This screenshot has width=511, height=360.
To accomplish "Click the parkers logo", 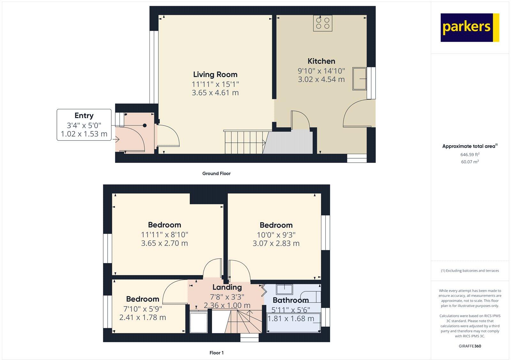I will point(469,27).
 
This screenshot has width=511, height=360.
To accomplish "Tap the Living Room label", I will point(215,74).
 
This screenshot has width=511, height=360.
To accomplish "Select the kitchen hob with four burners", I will point(323,23).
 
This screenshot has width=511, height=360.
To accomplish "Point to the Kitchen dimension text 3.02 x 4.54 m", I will point(321,79).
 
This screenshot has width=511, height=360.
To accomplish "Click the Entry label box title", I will point(84,116).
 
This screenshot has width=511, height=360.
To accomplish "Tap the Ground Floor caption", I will point(216,174).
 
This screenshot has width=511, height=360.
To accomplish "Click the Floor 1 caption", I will point(216,353).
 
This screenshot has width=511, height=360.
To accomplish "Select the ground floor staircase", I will point(245,142).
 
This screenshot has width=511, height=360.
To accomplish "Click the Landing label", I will point(227,287).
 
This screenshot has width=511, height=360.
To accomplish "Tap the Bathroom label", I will point(291,300).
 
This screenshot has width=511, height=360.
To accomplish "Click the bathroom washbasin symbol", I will point(284,289).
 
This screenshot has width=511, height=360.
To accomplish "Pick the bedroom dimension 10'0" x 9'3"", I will point(276,235).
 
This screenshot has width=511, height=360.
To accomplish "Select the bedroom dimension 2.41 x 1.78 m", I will point(142,318).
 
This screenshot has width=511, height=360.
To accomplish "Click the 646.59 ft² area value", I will point(470,154).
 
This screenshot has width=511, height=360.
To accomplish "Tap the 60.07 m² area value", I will point(470,162).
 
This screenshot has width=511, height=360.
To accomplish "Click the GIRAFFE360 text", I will point(470,346).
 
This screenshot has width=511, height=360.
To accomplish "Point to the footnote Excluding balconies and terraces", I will point(470,271).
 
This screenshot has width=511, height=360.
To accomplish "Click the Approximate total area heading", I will point(469,146).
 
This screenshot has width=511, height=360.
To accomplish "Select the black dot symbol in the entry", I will point(145,125).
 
